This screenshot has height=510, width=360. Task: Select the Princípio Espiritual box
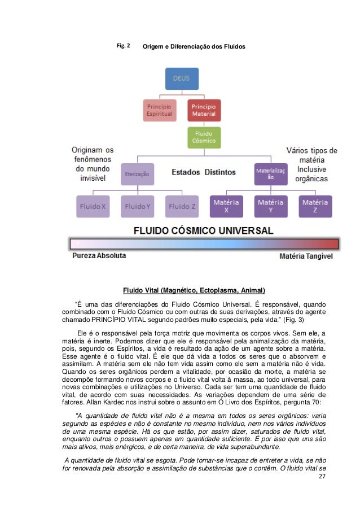tap(159, 110)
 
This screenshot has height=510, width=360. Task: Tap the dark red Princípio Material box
tap(204, 110)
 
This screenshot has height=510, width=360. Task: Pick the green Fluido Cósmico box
tap(204, 137)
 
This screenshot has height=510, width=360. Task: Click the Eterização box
tap(137, 175)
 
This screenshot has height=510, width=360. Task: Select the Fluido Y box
tap(137, 206)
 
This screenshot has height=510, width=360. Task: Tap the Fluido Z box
tap(182, 206)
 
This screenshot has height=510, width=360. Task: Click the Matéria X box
tap(226, 206)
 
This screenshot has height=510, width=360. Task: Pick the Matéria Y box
tap(270, 206)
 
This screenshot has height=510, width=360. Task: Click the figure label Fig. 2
tap(123, 45)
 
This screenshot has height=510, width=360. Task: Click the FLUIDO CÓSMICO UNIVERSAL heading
tap(204, 230)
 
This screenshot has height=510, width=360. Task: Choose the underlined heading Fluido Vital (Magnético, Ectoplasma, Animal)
tap(194, 291)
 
